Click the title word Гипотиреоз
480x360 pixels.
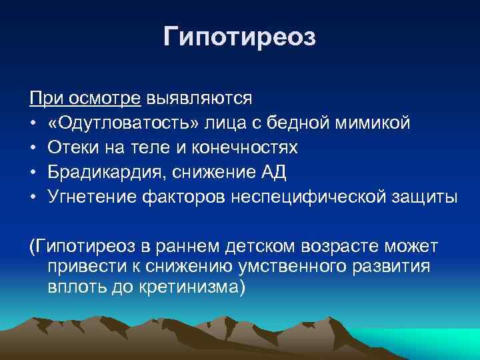click(239, 37)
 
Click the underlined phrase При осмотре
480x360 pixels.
click(85, 99)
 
